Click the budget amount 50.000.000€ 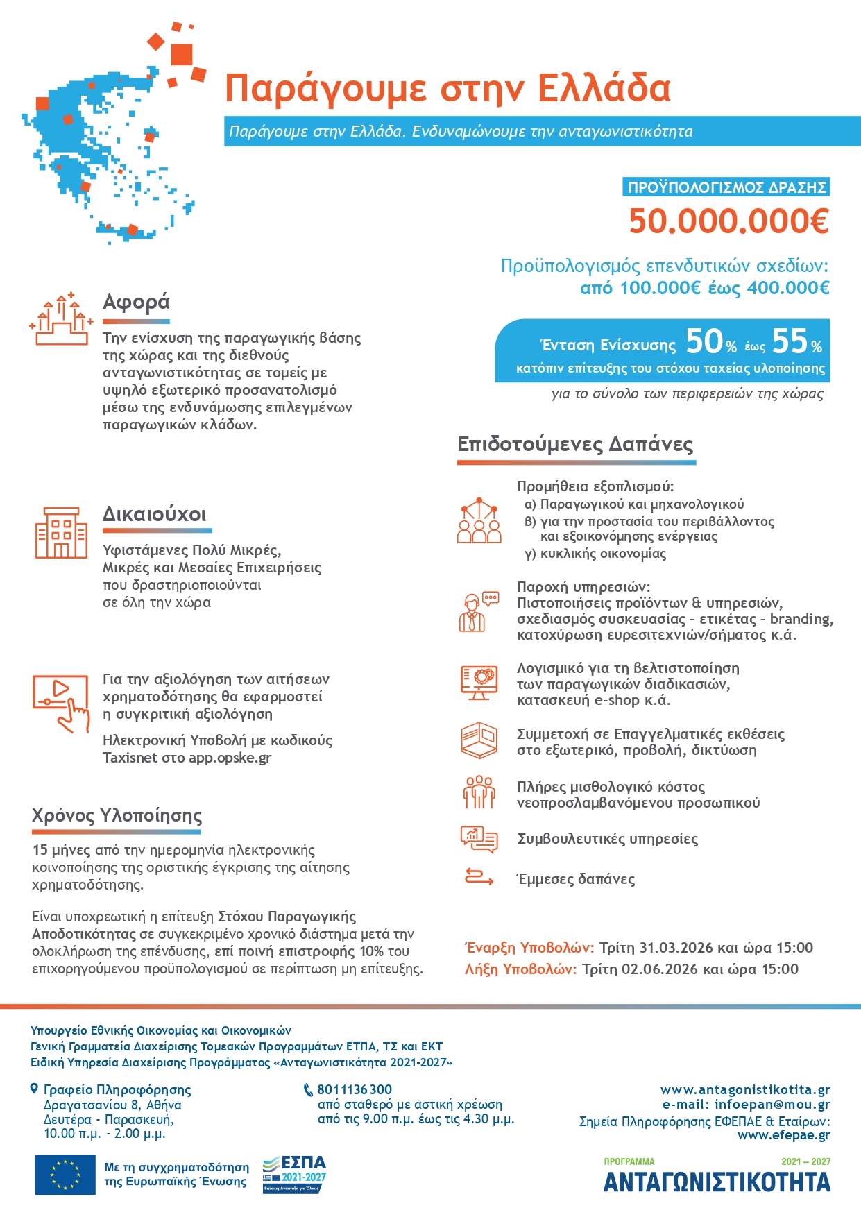[x=728, y=221]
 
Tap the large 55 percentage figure [x=790, y=341]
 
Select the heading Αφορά [x=136, y=303]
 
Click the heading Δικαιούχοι [x=154, y=514]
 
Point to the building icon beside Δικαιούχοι [x=61, y=532]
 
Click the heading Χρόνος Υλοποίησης [x=117, y=815]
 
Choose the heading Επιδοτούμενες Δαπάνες [x=575, y=444]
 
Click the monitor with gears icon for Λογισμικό [x=479, y=682]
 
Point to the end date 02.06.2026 [x=659, y=969]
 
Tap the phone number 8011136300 [x=355, y=1090]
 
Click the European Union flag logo [x=65, y=1175]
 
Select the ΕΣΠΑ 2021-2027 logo [x=294, y=1174]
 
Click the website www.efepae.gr [x=783, y=1135]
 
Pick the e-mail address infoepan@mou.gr [x=772, y=1105]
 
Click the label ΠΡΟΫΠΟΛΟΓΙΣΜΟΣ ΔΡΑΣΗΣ [x=726, y=187]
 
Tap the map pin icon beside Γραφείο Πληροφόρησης [x=35, y=1089]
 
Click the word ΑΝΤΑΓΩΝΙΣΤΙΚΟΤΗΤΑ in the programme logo [x=717, y=1182]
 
